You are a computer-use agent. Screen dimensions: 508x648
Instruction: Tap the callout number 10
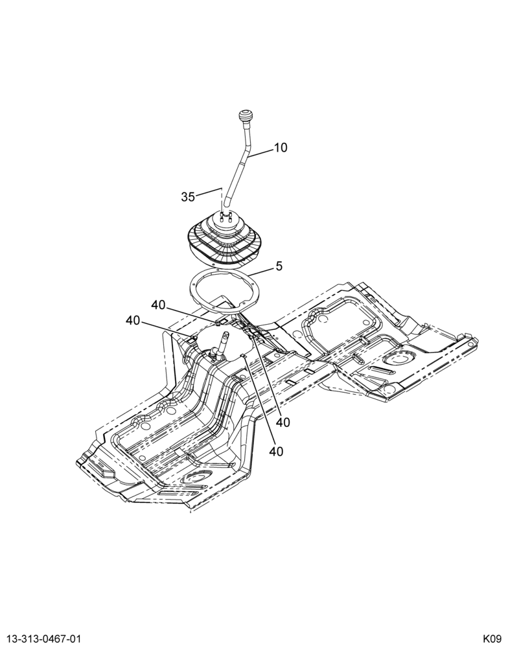pyautogui.click(x=281, y=148)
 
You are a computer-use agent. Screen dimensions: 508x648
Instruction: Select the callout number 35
pyautogui.click(x=188, y=197)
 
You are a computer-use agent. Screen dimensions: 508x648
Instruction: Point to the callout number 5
pyautogui.click(x=279, y=266)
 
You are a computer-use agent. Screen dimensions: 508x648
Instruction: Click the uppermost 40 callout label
pyautogui.click(x=158, y=305)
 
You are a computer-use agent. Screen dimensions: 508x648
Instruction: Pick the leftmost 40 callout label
pyautogui.click(x=133, y=320)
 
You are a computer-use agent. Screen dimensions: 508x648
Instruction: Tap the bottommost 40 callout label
pyautogui.click(x=276, y=452)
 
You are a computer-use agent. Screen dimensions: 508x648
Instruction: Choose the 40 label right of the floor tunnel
pyautogui.click(x=283, y=422)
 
